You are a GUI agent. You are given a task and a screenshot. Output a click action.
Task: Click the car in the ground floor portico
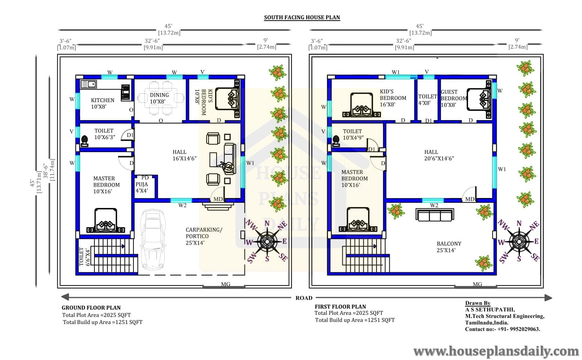click(x=153, y=239)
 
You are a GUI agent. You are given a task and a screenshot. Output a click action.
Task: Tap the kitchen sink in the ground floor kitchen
click(x=89, y=84)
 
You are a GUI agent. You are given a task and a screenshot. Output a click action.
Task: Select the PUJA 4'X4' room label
click(x=142, y=187)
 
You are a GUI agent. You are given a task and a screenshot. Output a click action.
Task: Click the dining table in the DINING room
click(x=161, y=98)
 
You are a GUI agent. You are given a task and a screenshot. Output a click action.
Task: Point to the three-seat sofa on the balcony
click(x=435, y=215)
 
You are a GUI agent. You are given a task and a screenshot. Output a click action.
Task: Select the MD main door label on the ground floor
click(x=218, y=199)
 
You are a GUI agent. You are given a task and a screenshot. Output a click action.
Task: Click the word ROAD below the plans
click(x=304, y=298)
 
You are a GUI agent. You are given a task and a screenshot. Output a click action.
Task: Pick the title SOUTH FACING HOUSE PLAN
click(x=302, y=17)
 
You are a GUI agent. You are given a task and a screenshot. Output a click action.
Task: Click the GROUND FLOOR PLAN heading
click(x=91, y=307)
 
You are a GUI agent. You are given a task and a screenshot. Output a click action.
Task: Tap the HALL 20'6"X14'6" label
click(x=439, y=155)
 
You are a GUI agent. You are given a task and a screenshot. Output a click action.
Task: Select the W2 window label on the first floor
click(x=434, y=205)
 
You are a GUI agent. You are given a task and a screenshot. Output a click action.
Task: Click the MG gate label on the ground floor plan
click(x=225, y=284)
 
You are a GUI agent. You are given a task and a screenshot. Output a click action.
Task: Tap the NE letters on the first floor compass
click(x=534, y=226)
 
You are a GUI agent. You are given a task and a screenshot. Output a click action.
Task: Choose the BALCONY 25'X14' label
click(x=449, y=247)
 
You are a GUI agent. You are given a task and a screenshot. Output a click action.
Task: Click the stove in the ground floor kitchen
click(x=125, y=93)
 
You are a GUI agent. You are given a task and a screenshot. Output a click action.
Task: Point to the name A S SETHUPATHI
click(x=490, y=310)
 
